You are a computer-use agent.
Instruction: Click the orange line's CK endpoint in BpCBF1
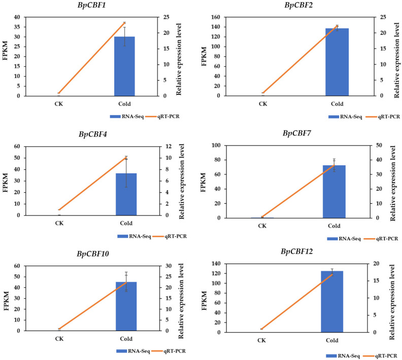point(59,93)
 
